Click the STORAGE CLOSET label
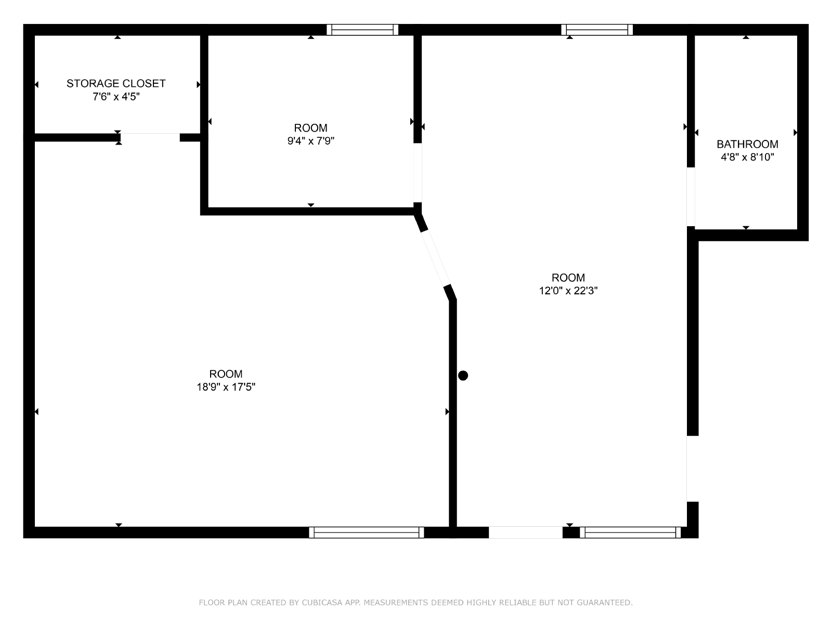116,83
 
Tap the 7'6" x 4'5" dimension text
116,97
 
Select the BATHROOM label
747,144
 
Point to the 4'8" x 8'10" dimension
747,157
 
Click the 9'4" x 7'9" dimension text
310,141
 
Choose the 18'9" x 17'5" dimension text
226,387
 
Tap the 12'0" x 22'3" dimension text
568,291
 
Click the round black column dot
463,375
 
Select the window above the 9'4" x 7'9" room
362,30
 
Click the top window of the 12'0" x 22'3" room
596,30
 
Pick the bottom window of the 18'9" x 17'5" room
366,532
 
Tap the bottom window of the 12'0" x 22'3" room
630,532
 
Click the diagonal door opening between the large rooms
436,259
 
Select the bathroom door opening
691,197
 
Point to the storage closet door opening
150,137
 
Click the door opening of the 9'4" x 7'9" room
418,173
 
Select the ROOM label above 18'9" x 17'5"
226,374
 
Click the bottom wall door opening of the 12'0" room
525,532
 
